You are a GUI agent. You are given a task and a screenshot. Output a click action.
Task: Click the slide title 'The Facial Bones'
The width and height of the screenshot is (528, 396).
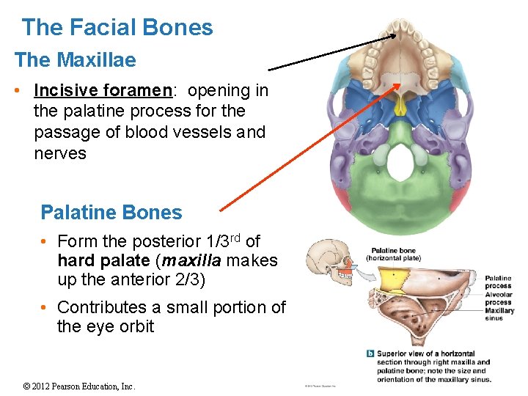coord(117,28)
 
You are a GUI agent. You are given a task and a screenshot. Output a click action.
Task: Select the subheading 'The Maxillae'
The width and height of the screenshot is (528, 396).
coord(75,59)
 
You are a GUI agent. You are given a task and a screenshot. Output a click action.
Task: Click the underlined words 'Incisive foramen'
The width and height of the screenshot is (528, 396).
coord(102,90)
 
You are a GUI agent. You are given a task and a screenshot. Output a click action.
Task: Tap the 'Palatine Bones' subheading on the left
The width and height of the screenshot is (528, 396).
coord(111,213)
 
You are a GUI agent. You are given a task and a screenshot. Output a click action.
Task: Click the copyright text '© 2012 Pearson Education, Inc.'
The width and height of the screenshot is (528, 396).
coord(79,386)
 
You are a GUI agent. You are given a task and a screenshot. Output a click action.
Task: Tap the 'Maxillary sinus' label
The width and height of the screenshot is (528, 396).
coord(500,314)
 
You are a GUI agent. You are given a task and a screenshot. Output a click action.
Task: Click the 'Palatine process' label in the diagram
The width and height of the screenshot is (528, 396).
coord(499,282)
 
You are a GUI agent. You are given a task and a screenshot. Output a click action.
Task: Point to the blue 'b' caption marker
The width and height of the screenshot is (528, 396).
coord(370,353)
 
